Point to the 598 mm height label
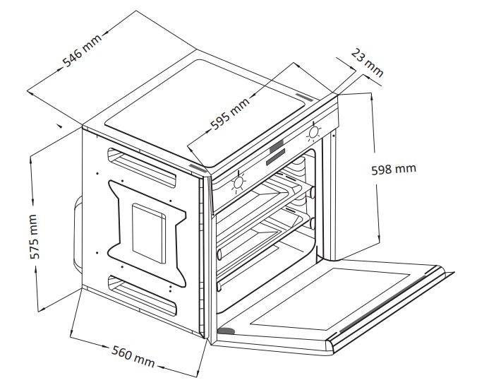tap(393, 169)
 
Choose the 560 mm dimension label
tap(133, 356)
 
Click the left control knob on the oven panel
tap(238, 182)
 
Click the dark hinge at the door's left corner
tap(226, 331)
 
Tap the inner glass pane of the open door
tap(332, 297)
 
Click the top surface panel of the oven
tap(205, 106)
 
